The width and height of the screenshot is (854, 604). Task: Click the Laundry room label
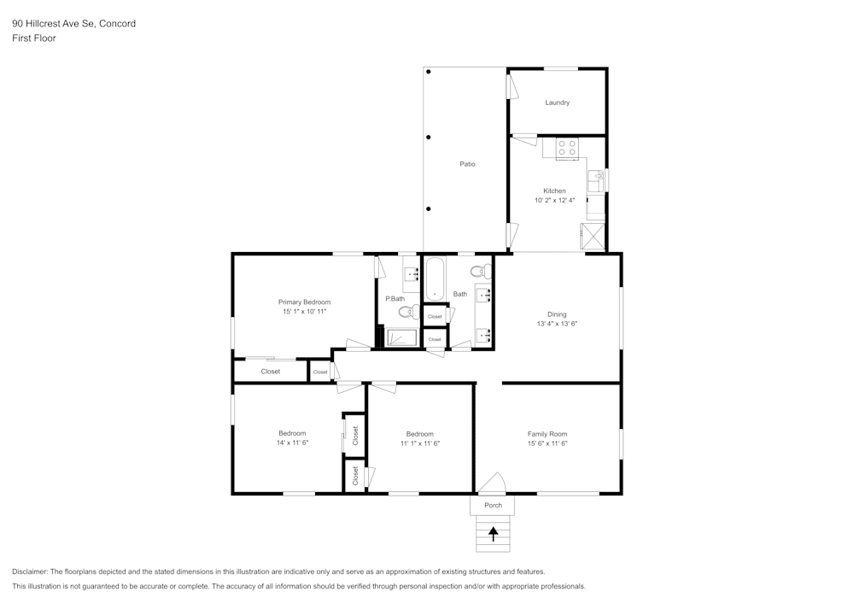(x=557, y=103)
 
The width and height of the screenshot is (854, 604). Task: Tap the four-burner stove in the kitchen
(x=567, y=148)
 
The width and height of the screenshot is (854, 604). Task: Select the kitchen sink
(x=594, y=181)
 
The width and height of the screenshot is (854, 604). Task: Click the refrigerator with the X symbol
(x=593, y=236)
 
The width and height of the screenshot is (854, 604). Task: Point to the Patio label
(x=467, y=164)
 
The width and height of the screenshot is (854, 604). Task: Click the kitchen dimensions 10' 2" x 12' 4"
(x=554, y=200)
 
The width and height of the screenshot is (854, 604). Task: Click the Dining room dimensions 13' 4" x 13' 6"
(x=557, y=324)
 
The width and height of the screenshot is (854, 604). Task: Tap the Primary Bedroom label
(x=304, y=302)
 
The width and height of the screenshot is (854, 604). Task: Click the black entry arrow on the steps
(x=493, y=534)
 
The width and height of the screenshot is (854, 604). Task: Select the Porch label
(x=493, y=505)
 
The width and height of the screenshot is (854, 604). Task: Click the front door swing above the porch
(x=492, y=484)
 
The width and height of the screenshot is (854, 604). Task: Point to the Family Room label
(x=547, y=434)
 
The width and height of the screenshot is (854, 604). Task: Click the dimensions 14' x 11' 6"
(x=291, y=443)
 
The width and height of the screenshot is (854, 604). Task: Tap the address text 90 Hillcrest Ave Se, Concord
(x=73, y=24)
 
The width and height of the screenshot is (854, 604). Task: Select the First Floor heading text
(x=34, y=38)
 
